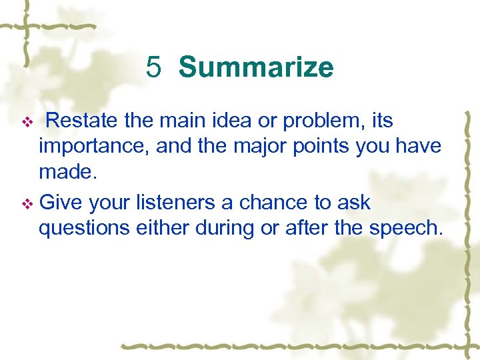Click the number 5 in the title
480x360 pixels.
(x=154, y=67)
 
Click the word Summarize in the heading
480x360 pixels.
(x=256, y=67)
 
